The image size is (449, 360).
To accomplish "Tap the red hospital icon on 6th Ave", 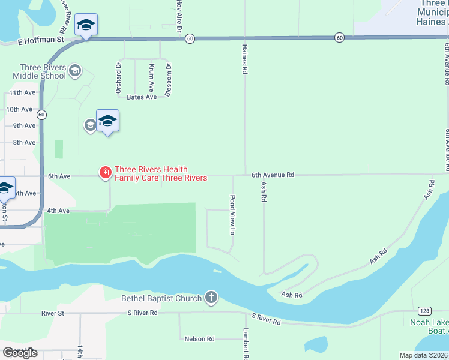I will [105, 173].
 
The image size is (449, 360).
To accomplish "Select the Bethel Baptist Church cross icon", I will [211, 297].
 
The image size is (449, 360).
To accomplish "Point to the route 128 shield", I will [424, 310].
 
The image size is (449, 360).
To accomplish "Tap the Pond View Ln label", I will [232, 214].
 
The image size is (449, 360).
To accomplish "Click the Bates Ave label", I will [141, 97].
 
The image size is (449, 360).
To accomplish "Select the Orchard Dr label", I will [118, 78].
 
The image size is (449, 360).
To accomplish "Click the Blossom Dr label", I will [169, 80].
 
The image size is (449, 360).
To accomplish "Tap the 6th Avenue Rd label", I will [273, 175].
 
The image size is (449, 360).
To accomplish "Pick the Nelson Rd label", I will [200, 339].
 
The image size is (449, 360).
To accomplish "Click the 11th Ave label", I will [22, 93].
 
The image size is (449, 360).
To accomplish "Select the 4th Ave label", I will [59, 211].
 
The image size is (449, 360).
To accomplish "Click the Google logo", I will [20, 353].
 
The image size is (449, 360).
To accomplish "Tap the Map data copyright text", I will [424, 355].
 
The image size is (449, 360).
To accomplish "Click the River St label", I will [53, 313].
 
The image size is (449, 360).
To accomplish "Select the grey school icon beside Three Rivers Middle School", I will [75, 71].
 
